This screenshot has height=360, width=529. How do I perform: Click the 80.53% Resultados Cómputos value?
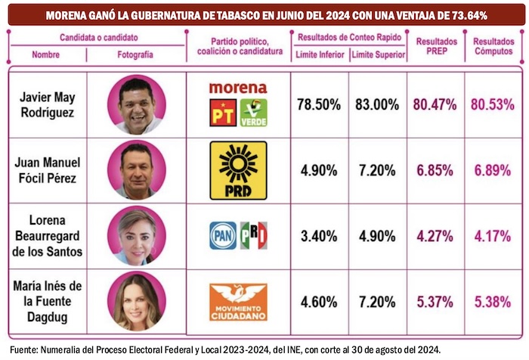(493, 104)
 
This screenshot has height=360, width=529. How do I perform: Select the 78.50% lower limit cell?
(319, 104)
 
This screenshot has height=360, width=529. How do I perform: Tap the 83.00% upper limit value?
(378, 104)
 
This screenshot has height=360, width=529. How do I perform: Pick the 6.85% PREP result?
(435, 169)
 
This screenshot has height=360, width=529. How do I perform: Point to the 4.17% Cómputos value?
(493, 234)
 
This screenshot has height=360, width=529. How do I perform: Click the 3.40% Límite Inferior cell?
(319, 234)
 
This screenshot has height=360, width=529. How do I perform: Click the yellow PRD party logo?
(238, 169)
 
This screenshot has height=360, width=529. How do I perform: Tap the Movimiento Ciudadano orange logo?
(238, 301)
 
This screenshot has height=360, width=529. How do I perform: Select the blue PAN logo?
(223, 235)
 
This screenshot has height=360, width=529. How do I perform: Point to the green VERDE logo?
(253, 112)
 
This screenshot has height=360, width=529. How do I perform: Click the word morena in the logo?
(238, 88)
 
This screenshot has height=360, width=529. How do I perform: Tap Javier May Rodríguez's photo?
(136, 104)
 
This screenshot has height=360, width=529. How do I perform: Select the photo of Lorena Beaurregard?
(136, 235)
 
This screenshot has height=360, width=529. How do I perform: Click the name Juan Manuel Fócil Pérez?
(47, 169)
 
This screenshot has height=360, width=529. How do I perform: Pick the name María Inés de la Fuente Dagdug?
(47, 301)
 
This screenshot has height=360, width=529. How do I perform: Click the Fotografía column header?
(135, 54)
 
